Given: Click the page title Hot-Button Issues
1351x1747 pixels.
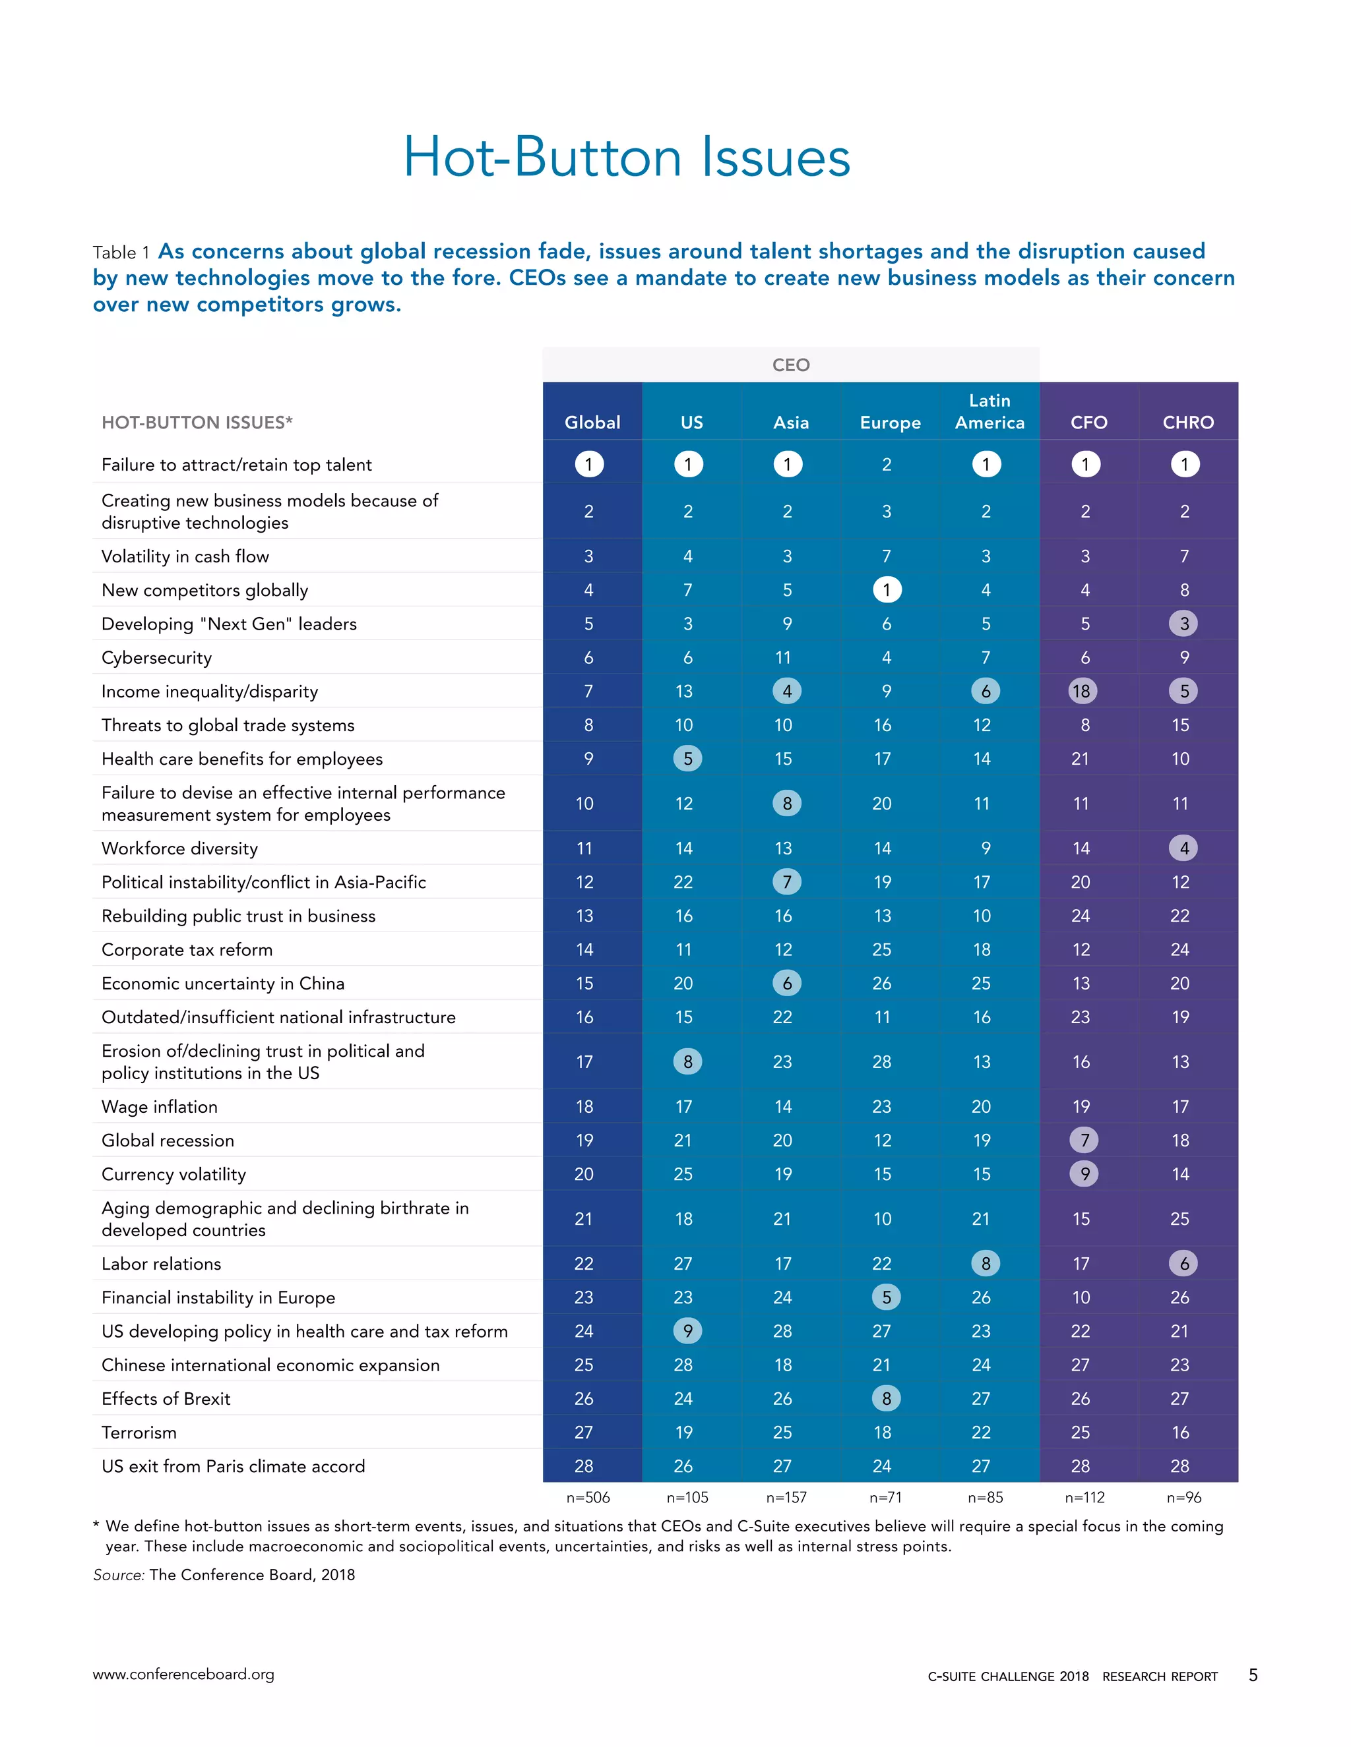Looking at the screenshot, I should point(626,157).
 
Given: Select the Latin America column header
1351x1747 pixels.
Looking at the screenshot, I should point(990,411).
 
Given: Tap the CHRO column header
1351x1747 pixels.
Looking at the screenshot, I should point(1187,423).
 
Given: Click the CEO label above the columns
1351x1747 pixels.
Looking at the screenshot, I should point(791,365).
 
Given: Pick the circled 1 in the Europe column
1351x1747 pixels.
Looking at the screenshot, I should point(886,589).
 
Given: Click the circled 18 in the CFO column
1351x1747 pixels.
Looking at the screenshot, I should point(1081,691).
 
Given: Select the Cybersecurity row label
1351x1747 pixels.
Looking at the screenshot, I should point(157,657).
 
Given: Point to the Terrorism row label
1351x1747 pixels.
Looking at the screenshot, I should point(139,1433).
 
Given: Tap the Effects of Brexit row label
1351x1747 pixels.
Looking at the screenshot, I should point(166,1399).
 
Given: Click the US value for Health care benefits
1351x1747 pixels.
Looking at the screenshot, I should point(687,758).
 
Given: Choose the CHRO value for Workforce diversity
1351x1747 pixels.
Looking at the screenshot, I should point(1183,848).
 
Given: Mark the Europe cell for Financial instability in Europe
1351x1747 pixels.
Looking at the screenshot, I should point(886,1297).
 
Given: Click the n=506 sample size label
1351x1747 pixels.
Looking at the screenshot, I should point(588,1497).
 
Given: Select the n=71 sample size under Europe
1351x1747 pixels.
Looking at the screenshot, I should point(885,1497).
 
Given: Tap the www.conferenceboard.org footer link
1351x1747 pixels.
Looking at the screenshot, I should point(183,1674).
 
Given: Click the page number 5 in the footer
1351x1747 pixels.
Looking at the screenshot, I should point(1253,1675).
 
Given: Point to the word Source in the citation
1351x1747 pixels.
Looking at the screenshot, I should point(117,1575).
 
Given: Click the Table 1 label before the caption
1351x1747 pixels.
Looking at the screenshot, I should point(121,252).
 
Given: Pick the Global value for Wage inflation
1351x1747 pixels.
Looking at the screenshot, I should point(584,1106).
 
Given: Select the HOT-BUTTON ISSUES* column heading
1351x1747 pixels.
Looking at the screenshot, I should point(197,423).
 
